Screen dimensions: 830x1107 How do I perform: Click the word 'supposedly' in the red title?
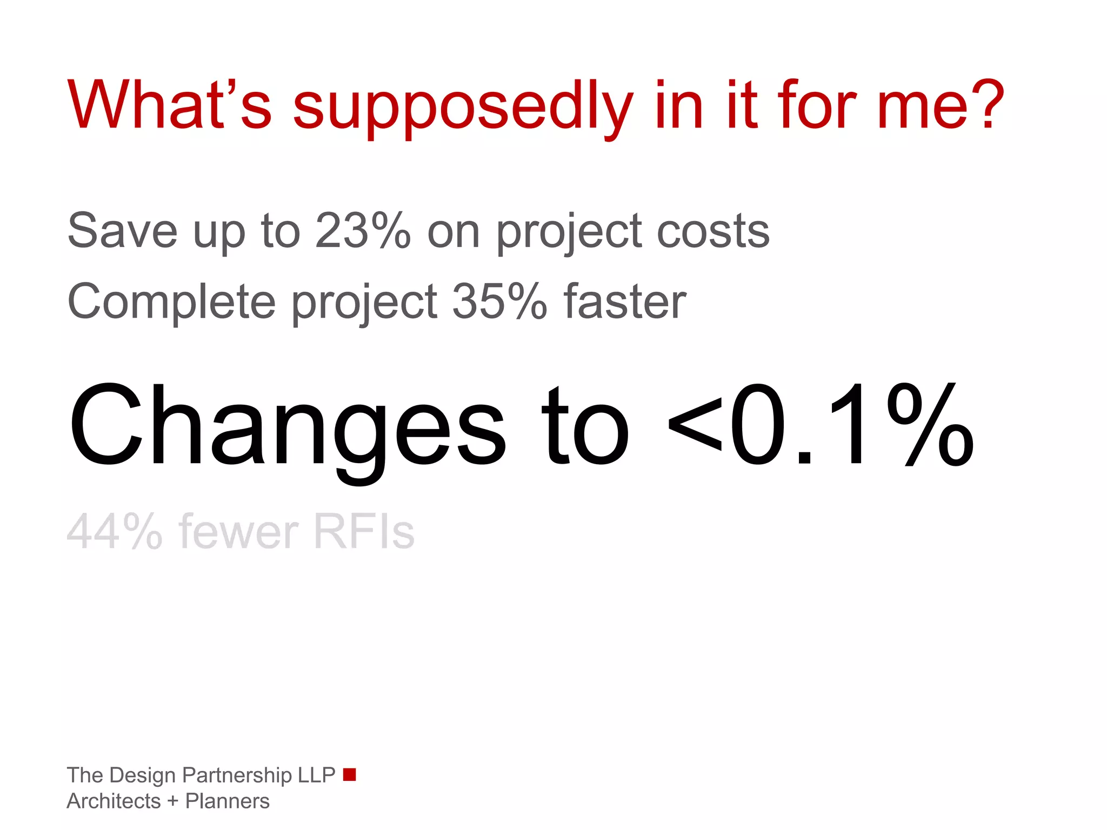coord(462,106)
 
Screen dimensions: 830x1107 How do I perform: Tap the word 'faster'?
coord(625,301)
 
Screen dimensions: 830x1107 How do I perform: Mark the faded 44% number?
coord(114,532)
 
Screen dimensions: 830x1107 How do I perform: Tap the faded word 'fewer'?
coord(238,532)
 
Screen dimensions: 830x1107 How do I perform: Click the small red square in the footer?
coord(350,774)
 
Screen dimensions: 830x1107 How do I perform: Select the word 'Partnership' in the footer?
coord(237,775)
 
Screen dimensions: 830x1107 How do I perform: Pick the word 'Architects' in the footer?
coord(114,801)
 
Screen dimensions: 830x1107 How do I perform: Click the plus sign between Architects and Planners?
coord(173,801)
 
